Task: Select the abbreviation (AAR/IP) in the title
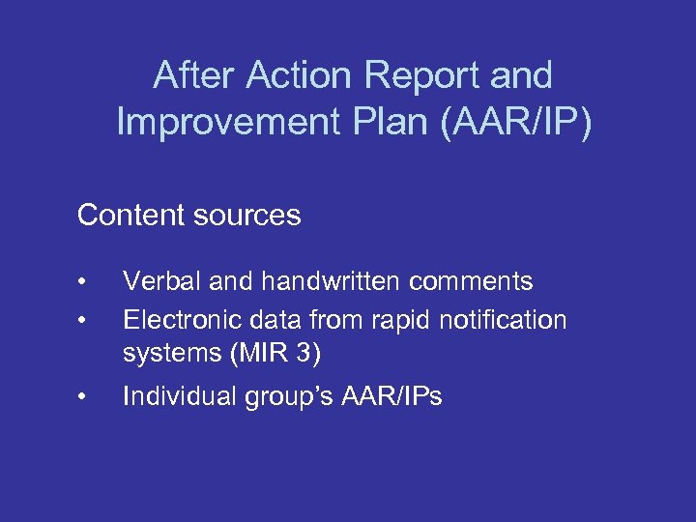click(511, 122)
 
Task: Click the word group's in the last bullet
click(284, 395)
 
